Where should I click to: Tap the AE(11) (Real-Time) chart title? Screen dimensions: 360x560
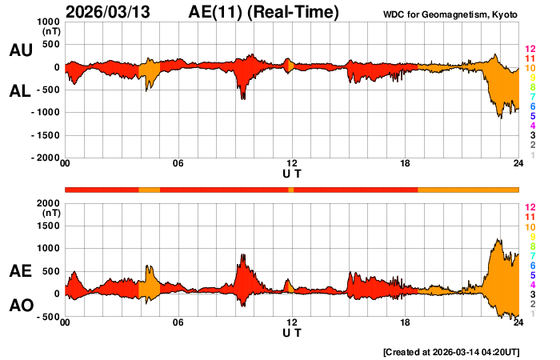tap(263, 12)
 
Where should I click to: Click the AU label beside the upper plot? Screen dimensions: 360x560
tap(20, 50)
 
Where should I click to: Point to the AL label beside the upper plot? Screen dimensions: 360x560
tap(20, 90)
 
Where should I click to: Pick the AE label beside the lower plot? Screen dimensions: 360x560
tap(20, 272)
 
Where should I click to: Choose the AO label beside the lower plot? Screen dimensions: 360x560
tap(20, 306)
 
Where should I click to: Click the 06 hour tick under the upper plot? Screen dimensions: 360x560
tap(178, 164)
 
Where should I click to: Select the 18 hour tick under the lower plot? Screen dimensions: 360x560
tap(406, 323)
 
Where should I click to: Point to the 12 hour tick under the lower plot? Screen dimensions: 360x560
tap(292, 323)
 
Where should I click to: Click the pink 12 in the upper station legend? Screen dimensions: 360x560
tap(530, 49)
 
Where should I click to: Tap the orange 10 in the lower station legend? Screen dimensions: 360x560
tap(530, 228)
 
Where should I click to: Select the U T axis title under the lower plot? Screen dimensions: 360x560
tap(292, 333)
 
